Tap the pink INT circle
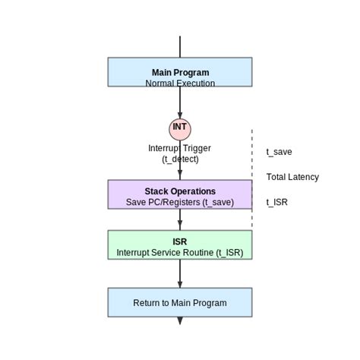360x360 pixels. click(180, 129)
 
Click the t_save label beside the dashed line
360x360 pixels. click(279, 152)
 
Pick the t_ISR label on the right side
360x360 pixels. click(276, 202)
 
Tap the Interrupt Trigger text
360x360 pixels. click(179, 148)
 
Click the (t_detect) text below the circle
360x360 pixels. click(180, 159)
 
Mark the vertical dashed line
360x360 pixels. click(252, 178)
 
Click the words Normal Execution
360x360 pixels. click(180, 84)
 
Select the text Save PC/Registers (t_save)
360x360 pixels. click(180, 202)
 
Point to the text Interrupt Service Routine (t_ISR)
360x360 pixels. click(180, 252)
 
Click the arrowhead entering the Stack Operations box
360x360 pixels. click(180, 175)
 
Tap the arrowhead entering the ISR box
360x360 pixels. click(180, 226)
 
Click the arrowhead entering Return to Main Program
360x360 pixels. click(180, 284)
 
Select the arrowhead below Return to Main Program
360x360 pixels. click(180, 321)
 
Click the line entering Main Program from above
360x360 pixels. click(180, 46)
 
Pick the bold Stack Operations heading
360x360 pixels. click(180, 191)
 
